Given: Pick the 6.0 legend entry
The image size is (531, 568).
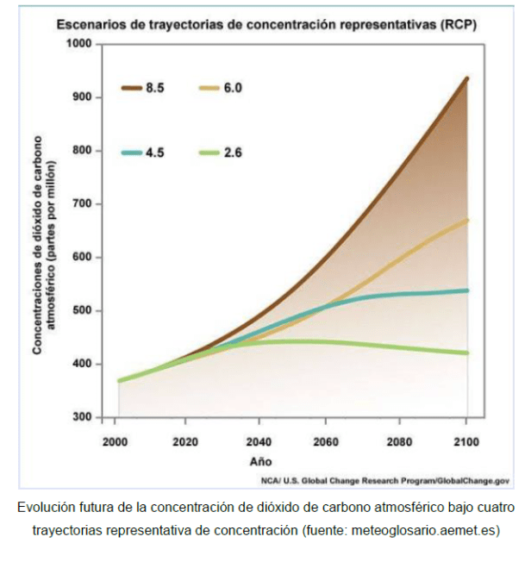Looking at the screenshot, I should point(222,88).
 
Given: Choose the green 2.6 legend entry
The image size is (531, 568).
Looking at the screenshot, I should point(222,153).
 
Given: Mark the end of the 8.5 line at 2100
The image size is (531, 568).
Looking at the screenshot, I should point(467,78).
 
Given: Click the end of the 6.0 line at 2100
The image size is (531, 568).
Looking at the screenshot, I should point(467,220).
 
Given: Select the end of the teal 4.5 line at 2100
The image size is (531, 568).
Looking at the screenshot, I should point(467,290).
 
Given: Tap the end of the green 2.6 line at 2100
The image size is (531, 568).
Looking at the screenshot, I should point(467,353).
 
